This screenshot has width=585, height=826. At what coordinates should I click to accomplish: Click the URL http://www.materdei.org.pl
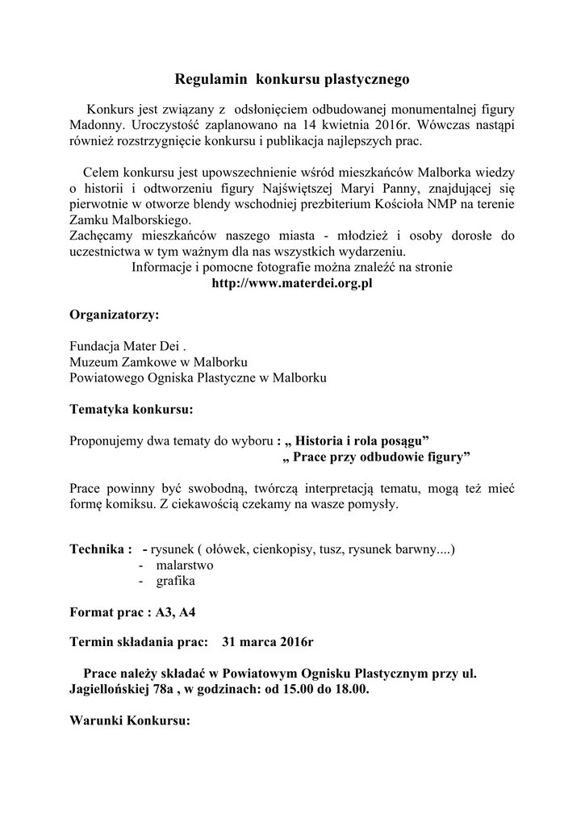click(x=291, y=283)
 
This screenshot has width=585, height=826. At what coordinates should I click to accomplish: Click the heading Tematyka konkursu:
click(x=132, y=409)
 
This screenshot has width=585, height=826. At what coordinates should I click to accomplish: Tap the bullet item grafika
click(x=175, y=581)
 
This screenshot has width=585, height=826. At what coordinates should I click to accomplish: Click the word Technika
click(x=97, y=550)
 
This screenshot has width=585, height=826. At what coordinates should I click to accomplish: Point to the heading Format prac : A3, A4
click(x=132, y=612)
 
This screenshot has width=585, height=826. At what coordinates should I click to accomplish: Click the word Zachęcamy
click(x=99, y=236)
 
